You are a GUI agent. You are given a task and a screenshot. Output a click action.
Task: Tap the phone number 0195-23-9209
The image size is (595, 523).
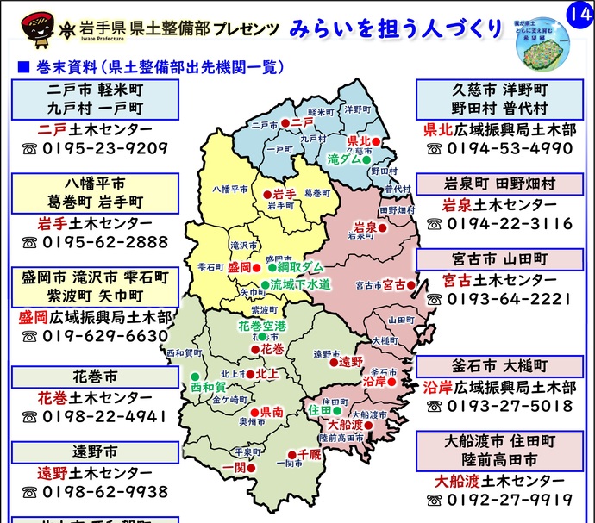pos(104,147)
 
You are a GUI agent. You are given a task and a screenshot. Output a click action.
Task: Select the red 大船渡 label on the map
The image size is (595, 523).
pos(344,424)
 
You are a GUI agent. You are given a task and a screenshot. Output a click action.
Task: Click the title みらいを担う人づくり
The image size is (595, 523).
pos(396,28)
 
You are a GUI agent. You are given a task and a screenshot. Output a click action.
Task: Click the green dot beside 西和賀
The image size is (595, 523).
pos(195,376)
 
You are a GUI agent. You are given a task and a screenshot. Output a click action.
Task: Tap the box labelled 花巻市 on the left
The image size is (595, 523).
pos(94,377)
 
